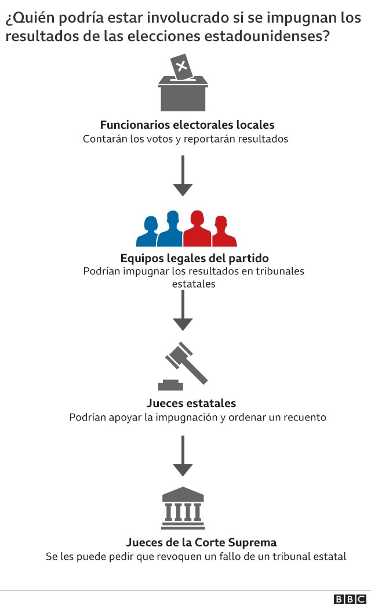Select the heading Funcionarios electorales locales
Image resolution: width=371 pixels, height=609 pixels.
187,125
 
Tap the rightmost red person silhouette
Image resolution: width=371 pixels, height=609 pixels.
221,232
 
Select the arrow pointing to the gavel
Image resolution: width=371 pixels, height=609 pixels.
183,310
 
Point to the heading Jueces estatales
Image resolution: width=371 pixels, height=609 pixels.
191,403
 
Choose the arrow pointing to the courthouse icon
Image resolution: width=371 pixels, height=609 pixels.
183,455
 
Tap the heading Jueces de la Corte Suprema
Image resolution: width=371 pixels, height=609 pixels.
201,543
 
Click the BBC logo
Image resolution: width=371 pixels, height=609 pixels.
350,599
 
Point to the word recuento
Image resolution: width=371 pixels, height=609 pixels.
304,417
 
